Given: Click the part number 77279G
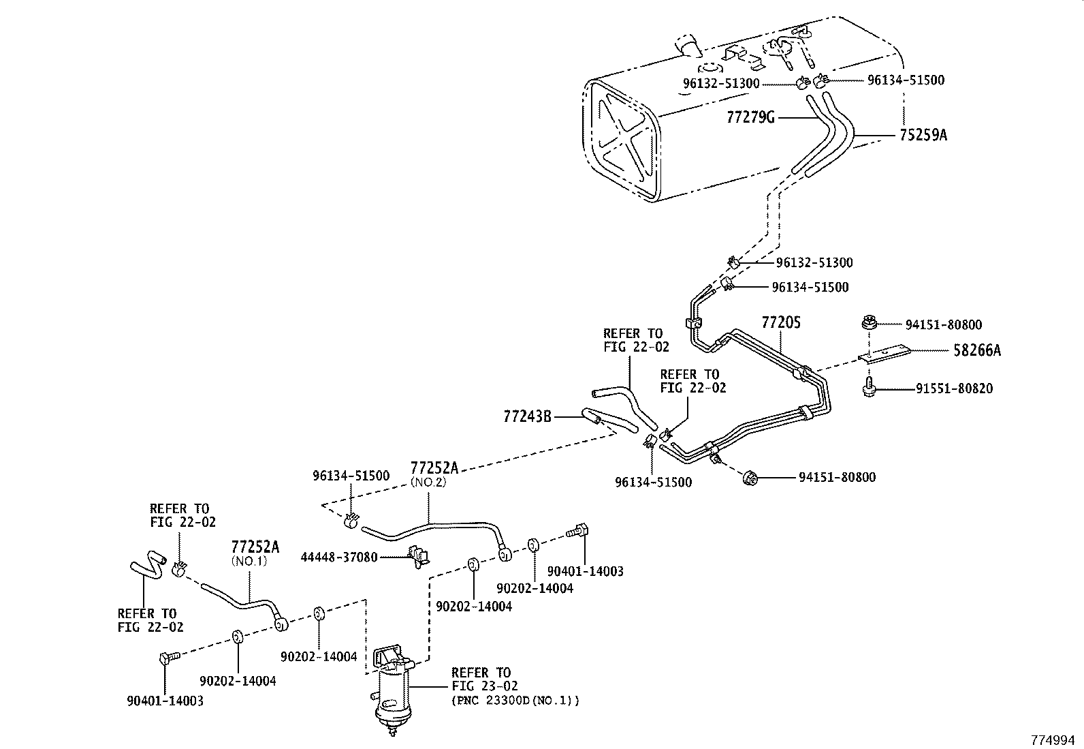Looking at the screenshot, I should coord(750,117).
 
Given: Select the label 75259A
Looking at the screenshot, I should coord(923,136).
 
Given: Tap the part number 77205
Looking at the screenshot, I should coord(780,322).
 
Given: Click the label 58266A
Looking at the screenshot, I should coord(976,351).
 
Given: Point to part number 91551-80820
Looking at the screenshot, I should coord(953,388).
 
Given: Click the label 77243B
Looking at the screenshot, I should coord(528,415).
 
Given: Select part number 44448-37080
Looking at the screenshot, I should coord(339,557).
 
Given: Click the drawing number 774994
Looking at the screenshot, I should coord(1055,739).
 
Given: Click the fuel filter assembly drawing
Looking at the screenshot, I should coord(393,688).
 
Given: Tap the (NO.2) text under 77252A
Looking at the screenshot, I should coord(428,482).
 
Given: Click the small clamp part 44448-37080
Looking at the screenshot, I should coord(417,555).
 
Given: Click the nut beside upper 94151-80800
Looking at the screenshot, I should coord(867,323).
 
